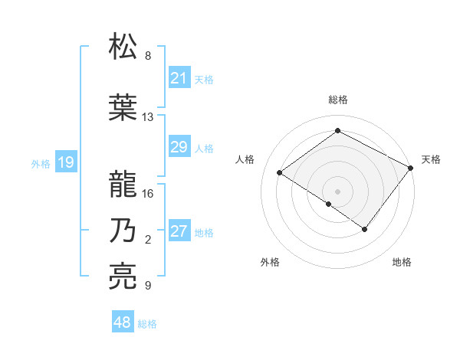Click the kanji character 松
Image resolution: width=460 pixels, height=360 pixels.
tap(123, 47)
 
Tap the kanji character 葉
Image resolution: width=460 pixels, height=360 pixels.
tap(123, 107)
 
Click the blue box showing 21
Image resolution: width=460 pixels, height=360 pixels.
tap(179, 77)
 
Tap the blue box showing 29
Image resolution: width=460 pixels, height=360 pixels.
tap(179, 147)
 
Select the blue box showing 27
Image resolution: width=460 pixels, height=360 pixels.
tap(179, 231)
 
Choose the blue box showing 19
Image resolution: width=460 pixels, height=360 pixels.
tap(65, 162)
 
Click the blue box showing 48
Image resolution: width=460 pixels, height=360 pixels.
tap(123, 322)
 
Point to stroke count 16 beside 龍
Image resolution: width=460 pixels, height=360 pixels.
tap(148, 193)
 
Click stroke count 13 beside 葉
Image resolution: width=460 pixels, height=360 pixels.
tap(148, 117)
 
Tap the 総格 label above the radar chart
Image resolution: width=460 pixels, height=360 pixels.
tap(338, 100)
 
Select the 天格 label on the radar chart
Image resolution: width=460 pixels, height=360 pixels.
tap(431, 159)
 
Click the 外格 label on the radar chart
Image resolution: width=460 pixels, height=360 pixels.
tap(270, 262)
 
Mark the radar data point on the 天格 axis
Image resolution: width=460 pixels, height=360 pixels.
tap(411, 169)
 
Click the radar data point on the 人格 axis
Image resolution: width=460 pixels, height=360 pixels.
tap(280, 173)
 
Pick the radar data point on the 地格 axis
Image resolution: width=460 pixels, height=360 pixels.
tap(365, 229)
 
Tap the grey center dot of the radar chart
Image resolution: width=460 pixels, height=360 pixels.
tap(337, 191)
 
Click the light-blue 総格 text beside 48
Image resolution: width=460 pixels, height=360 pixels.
tap(147, 324)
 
